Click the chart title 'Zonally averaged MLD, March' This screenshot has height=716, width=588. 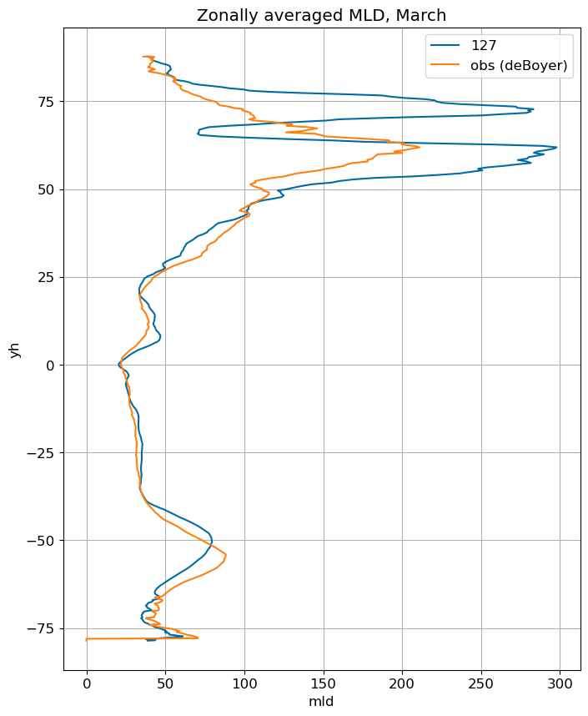(321, 16)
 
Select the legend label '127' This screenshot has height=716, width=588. (484, 45)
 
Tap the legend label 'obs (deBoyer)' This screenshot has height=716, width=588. (519, 65)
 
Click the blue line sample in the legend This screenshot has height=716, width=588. (445, 45)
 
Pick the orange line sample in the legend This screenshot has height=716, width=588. (445, 65)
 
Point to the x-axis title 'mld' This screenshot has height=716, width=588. (321, 701)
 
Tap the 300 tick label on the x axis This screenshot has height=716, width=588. (560, 683)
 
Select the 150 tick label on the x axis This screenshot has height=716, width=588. (324, 683)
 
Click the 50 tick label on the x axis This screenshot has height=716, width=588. (166, 683)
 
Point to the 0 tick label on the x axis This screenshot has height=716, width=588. (87, 683)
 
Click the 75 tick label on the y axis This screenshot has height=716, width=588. (46, 102)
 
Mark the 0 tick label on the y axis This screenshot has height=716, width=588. (50, 366)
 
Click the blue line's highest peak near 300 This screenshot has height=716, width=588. (556, 148)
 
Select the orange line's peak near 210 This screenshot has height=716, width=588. (419, 147)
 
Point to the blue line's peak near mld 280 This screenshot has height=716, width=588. (533, 109)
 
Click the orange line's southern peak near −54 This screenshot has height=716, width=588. (226, 555)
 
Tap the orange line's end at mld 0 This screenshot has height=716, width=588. (87, 639)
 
